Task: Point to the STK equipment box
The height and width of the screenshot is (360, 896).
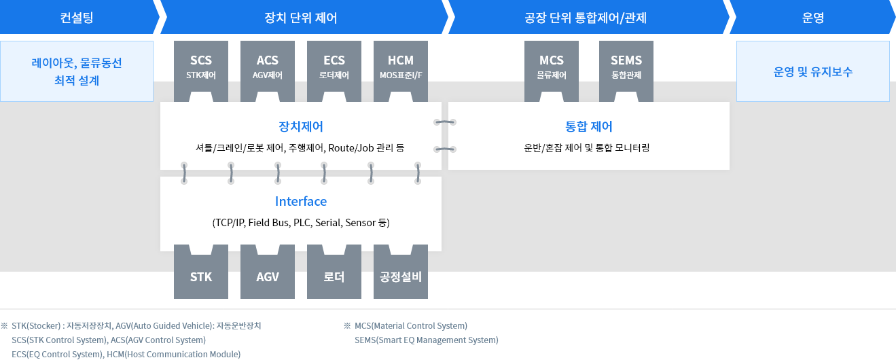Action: [201, 276]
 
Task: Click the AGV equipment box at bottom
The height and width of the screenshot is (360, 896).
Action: [268, 276]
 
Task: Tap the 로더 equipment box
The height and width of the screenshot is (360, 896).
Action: [334, 276]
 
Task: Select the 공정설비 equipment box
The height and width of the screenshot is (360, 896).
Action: [401, 276]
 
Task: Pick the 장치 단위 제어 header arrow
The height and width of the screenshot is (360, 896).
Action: [300, 18]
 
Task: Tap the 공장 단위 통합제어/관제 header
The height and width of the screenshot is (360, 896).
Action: [588, 18]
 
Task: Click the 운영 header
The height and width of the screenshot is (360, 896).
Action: [812, 18]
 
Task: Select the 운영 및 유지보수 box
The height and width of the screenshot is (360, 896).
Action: [812, 71]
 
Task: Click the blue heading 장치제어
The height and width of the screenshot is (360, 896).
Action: [300, 126]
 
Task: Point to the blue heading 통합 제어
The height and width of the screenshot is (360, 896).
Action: [588, 126]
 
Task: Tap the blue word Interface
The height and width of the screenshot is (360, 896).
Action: [300, 202]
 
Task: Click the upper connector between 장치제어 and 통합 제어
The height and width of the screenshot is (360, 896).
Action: [445, 122]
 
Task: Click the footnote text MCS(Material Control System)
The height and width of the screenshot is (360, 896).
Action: [411, 326]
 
